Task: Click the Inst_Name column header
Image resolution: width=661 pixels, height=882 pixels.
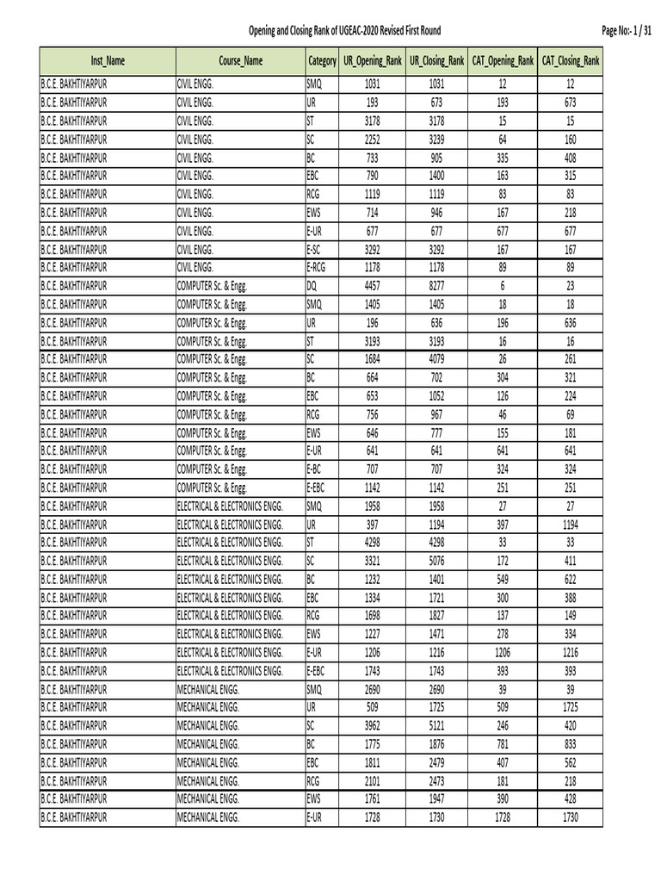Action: tap(108, 61)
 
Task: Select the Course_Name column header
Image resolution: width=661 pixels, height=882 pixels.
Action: tap(241, 61)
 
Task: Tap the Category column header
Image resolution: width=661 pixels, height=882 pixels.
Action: tap(322, 61)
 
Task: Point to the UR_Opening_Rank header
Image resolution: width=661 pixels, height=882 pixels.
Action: tap(372, 61)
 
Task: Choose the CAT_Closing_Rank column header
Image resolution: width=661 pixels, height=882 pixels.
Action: tap(571, 61)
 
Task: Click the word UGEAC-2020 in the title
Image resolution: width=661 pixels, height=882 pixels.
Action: tap(363, 31)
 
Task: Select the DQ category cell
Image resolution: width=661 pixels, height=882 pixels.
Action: tap(312, 286)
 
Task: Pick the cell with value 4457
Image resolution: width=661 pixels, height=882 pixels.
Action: tap(372, 286)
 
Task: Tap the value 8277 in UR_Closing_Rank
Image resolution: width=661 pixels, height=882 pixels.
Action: tap(437, 286)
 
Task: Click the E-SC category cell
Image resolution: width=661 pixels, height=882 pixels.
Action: tap(314, 249)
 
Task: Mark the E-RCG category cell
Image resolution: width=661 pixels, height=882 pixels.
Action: tap(317, 268)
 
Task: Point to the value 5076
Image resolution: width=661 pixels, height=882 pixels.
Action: tap(437, 561)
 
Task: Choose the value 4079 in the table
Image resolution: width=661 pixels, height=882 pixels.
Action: tap(437, 359)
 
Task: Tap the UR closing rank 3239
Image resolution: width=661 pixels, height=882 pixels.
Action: tap(437, 140)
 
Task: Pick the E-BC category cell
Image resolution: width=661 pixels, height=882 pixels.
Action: tap(314, 469)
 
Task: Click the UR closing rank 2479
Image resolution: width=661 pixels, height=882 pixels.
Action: tap(437, 761)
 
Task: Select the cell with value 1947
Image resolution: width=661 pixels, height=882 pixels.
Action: tap(437, 798)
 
